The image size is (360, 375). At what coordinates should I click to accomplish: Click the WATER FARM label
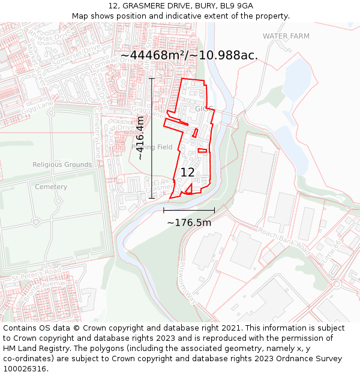click(286, 36)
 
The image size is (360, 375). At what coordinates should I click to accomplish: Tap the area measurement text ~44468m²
click(154, 55)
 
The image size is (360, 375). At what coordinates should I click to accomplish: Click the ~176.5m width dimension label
click(189, 223)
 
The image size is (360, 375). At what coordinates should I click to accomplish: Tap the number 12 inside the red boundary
click(188, 172)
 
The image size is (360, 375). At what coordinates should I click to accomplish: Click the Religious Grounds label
click(62, 164)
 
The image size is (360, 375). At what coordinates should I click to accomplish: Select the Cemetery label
click(51, 187)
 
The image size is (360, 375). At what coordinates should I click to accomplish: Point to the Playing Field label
click(152, 147)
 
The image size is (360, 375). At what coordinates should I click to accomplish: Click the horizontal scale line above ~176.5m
click(189, 210)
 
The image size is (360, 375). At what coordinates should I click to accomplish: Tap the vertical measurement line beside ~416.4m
click(152, 138)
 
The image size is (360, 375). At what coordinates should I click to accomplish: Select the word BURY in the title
click(205, 6)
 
